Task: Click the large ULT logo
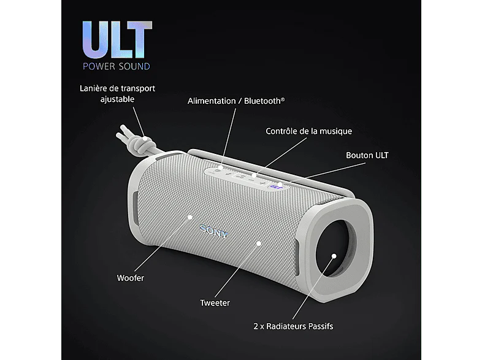pyautogui.click(x=117, y=39)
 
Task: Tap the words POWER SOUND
pyautogui.click(x=117, y=66)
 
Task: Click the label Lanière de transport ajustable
pyautogui.click(x=117, y=94)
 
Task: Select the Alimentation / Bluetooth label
pyautogui.click(x=236, y=101)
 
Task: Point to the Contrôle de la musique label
pyautogui.click(x=308, y=131)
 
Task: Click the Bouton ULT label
pyautogui.click(x=367, y=155)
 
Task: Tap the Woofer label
pyautogui.click(x=131, y=278)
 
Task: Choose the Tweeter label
pyautogui.click(x=215, y=303)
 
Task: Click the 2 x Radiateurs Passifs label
pyautogui.click(x=293, y=326)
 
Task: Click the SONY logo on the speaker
pyautogui.click(x=214, y=231)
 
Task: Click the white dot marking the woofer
pyautogui.click(x=190, y=217)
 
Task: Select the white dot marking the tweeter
pyautogui.click(x=259, y=243)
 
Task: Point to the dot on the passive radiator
pyautogui.click(x=334, y=256)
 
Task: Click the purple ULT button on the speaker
pyautogui.click(x=273, y=186)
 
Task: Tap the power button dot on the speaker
pyautogui.click(x=221, y=167)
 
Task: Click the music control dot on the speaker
pyautogui.click(x=254, y=175)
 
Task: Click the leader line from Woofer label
pyautogui.click(x=162, y=245)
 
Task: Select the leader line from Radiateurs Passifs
pyautogui.click(x=313, y=288)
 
